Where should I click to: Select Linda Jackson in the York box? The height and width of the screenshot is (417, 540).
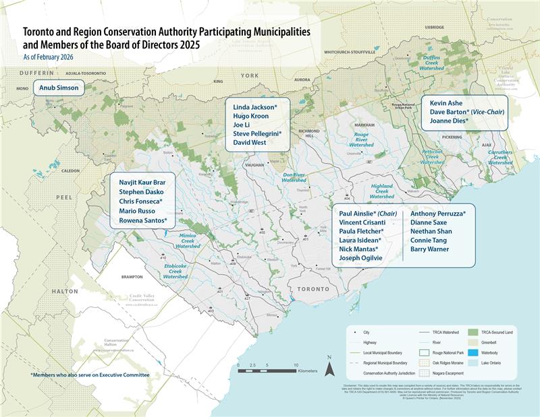coord(254,107)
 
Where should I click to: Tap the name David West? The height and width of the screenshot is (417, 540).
coord(250,142)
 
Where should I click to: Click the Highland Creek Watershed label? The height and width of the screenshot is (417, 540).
coord(381,191)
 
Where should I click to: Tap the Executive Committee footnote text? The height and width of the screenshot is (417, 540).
coord(90,375)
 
